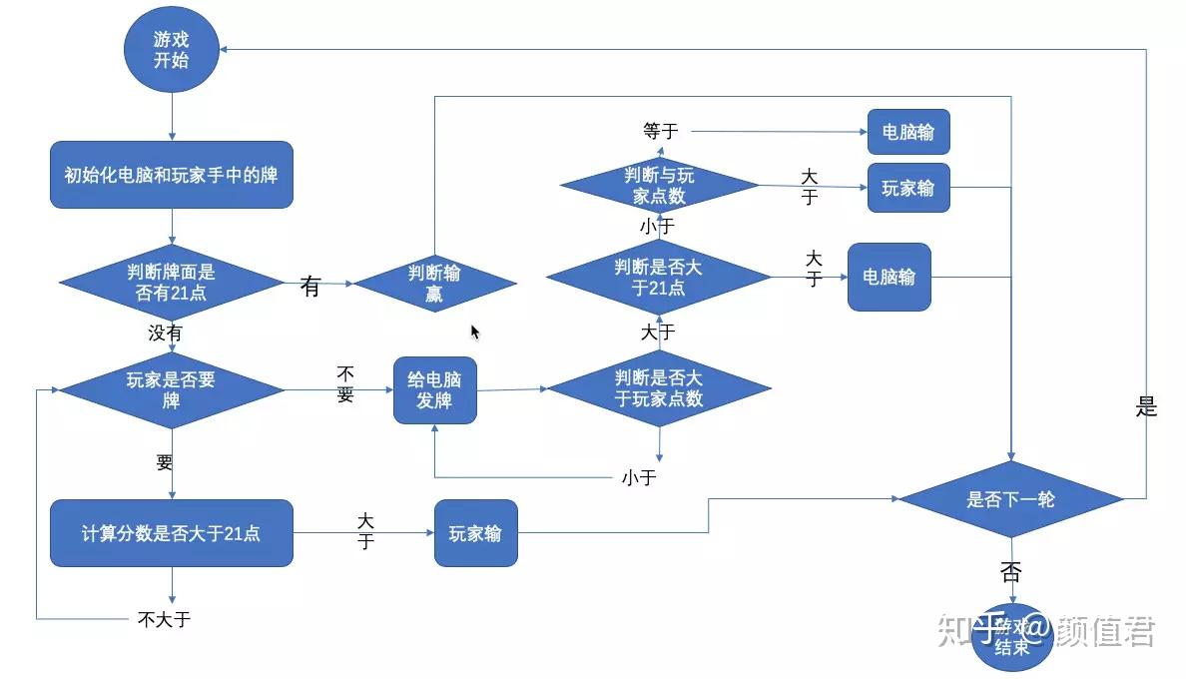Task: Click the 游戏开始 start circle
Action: coord(171,50)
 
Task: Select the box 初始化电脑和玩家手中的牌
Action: coord(172,175)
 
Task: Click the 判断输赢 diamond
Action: coord(434,284)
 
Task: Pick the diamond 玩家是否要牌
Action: coord(172,390)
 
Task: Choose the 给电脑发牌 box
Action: coord(434,390)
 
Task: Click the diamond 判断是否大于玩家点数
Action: coord(659,389)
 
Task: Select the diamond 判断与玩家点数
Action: coord(659,185)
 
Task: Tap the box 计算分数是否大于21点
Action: coord(172,533)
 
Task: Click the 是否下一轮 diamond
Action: coord(1010,499)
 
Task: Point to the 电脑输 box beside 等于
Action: coord(907,132)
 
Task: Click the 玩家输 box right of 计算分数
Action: coord(475,533)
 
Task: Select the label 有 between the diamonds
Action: coord(310,287)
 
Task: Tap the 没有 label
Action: coord(166,334)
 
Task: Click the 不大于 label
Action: coord(164,619)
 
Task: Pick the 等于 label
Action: coord(660,131)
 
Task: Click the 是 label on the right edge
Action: coord(1146,407)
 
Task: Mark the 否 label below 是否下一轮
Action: coord(1010,573)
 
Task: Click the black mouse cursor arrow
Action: coord(475,332)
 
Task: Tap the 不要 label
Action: coord(345,383)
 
